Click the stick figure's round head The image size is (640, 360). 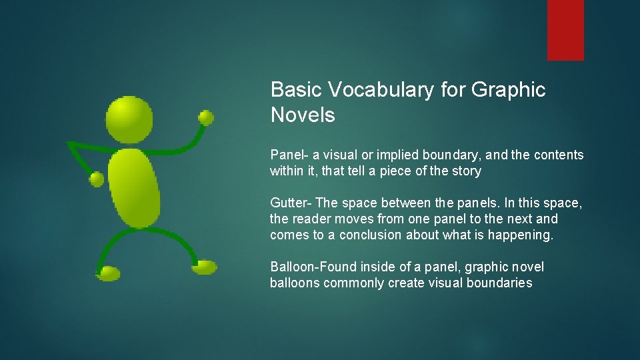tap(129, 119)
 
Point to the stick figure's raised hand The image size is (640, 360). tap(206, 118)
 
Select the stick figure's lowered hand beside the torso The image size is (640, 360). tap(97, 179)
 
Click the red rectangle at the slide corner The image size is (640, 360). tap(565, 30)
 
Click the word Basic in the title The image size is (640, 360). tap(293, 90)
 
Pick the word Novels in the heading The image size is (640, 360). tap(303, 115)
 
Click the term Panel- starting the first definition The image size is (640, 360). tap(287, 155)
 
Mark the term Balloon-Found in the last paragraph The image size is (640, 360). tap(313, 267)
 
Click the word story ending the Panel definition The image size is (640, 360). tap(466, 171)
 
